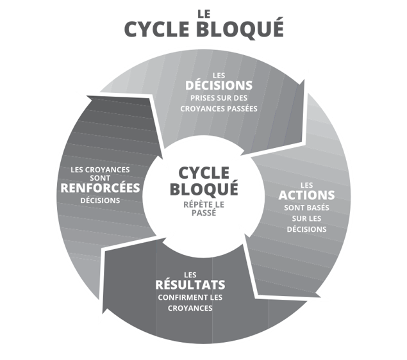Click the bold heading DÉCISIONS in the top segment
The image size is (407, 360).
tap(219, 85)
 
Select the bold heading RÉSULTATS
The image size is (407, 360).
tap(190, 284)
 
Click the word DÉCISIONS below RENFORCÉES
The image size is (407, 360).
tap(100, 200)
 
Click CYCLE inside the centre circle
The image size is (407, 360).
tap(203, 173)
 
